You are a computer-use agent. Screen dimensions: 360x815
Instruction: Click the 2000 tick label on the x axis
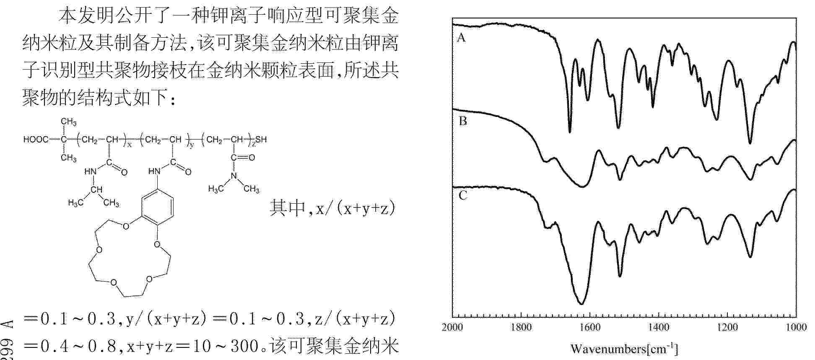pos(452,327)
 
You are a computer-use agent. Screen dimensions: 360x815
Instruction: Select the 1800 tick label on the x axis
pos(521,327)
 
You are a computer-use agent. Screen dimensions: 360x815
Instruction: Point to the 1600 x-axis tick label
pos(590,327)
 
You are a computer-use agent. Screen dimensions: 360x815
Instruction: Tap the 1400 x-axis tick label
pos(659,327)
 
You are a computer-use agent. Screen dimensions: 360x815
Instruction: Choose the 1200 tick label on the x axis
pos(727,327)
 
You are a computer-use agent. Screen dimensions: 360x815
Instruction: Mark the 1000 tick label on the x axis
pos(796,327)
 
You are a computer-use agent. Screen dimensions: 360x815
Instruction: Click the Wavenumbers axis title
pos(624,349)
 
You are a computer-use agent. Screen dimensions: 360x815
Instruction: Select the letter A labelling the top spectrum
pos(461,38)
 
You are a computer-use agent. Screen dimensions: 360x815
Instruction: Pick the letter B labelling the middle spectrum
pos(462,122)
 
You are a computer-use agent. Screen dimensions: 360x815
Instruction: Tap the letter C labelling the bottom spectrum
pos(462,196)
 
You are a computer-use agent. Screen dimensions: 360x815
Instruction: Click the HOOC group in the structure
pos(36,140)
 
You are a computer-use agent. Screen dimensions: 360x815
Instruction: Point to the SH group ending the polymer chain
pos(261,140)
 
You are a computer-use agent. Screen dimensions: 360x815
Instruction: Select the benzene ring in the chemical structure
pos(157,206)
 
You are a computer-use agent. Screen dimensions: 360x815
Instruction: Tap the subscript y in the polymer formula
pos(192,145)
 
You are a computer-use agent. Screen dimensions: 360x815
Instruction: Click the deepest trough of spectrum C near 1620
pos(581,303)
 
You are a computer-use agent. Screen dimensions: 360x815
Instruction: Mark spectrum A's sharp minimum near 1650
pos(570,132)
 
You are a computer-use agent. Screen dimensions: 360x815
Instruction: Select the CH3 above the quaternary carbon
pos(68,122)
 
